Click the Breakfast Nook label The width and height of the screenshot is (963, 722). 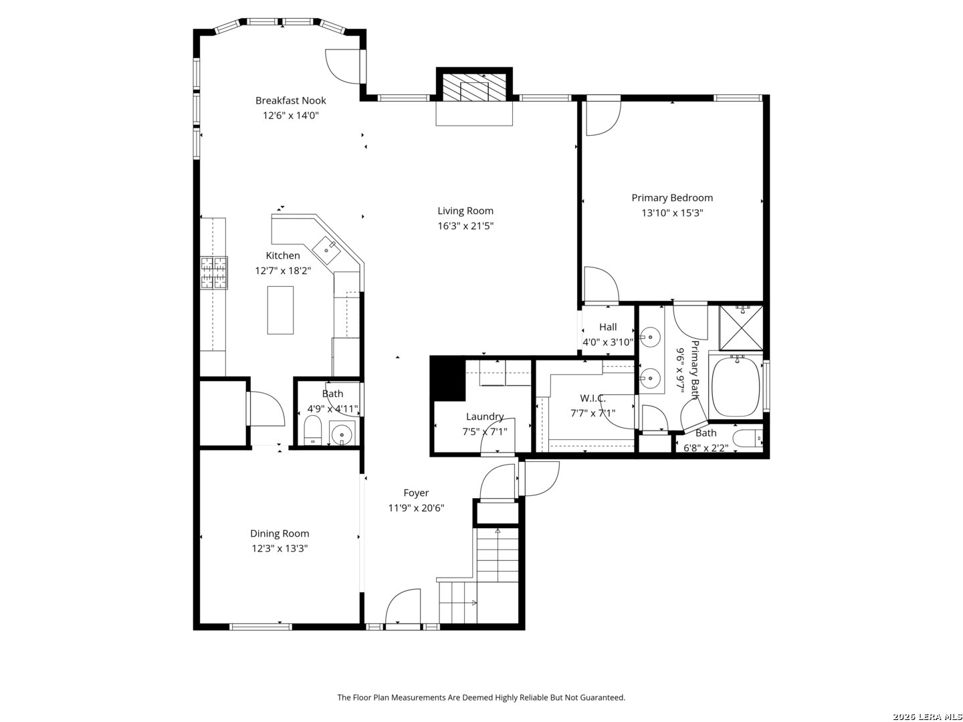(290, 100)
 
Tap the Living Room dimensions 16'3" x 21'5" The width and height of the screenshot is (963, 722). (465, 226)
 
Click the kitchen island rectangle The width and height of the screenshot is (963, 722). (280, 310)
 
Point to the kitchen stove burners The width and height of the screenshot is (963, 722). (214, 273)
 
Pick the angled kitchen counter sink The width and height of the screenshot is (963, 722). (327, 250)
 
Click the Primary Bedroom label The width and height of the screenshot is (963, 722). (671, 198)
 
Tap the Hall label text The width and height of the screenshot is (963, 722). (608, 327)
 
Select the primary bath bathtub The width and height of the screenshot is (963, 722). (736, 387)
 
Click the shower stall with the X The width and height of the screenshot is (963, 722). (741, 328)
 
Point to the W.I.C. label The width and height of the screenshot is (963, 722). (593, 398)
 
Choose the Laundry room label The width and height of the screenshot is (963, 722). (485, 416)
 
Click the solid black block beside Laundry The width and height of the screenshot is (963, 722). (447, 378)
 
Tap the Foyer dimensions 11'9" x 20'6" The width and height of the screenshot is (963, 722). (416, 508)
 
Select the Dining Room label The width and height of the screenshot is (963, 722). (280, 533)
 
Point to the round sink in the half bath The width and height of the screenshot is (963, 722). (341, 435)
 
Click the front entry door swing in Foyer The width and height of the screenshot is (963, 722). (403, 606)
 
